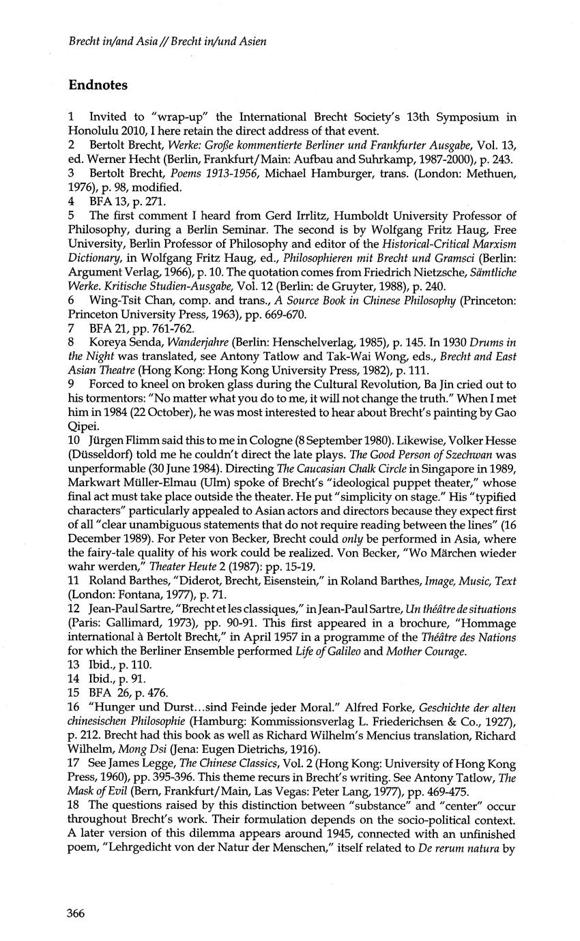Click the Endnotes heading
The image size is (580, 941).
click(98, 85)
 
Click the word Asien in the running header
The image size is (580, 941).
click(251, 42)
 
